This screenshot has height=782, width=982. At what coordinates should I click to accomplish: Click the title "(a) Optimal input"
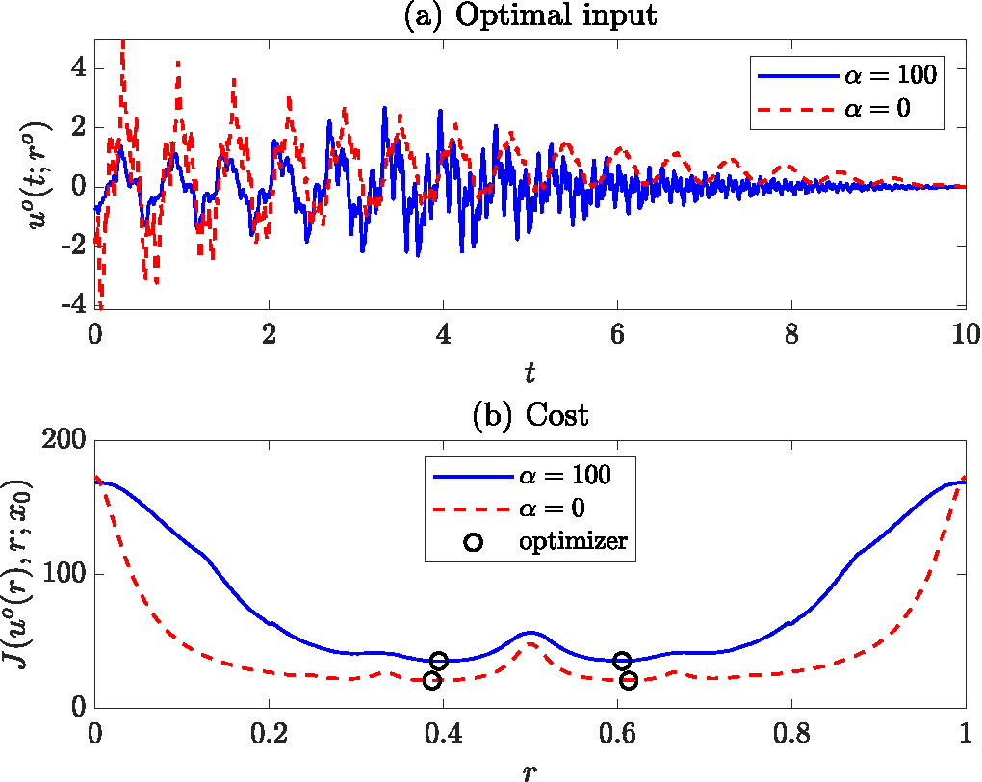tap(530, 16)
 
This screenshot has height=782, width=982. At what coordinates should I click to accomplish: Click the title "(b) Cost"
tap(530, 416)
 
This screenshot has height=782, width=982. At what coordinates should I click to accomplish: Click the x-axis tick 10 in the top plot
tap(964, 334)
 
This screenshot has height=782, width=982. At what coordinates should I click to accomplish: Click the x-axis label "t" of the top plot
tap(530, 374)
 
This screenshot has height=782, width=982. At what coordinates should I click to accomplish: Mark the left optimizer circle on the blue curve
tap(439, 661)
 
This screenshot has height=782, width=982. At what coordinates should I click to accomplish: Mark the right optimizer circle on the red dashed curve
tap(629, 681)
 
